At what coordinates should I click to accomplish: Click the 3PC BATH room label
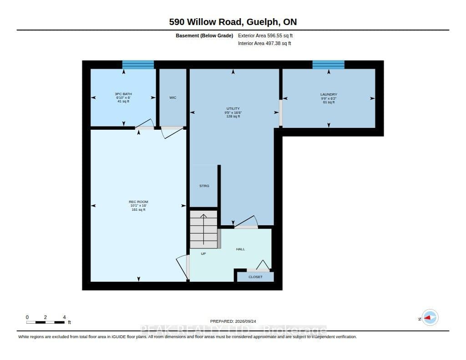pyautogui.click(x=123, y=94)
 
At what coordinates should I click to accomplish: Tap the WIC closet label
pyautogui.click(x=172, y=97)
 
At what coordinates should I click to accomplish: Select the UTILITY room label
pyautogui.click(x=233, y=108)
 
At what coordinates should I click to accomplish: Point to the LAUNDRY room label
pyautogui.click(x=329, y=94)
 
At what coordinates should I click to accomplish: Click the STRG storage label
pyautogui.click(x=204, y=186)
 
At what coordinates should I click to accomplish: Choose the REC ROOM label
pyautogui.click(x=138, y=202)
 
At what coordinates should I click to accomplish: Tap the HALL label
pyautogui.click(x=240, y=249)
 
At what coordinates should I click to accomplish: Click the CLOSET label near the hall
pyautogui.click(x=256, y=277)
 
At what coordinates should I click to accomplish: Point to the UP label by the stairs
pyautogui.click(x=203, y=254)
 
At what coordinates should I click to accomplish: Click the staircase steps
pyautogui.click(x=204, y=229)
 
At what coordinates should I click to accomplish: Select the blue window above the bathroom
pyautogui.click(x=138, y=65)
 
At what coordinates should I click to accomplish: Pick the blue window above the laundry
pyautogui.click(x=329, y=65)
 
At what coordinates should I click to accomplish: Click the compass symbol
pyautogui.click(x=430, y=318)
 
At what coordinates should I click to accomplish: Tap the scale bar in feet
pyautogui.click(x=46, y=322)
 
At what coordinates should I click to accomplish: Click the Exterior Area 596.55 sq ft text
pyautogui.click(x=265, y=35)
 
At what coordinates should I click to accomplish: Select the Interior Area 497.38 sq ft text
pyautogui.click(x=264, y=43)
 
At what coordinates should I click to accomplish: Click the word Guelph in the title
pyautogui.click(x=263, y=22)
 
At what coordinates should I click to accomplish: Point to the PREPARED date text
pyautogui.click(x=233, y=321)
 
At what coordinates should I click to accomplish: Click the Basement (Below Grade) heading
pyautogui.click(x=204, y=35)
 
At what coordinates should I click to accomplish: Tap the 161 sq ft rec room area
pyautogui.click(x=138, y=209)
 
